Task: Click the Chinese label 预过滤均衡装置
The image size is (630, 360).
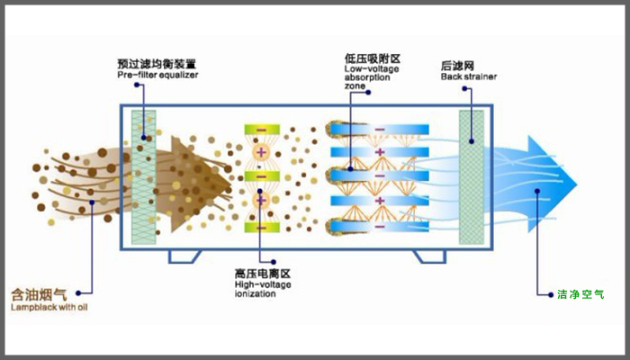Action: (x=157, y=64)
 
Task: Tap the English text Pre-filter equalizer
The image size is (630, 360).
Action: (x=157, y=76)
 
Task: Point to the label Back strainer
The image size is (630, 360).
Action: (x=468, y=76)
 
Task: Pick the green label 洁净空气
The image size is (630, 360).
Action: (x=581, y=293)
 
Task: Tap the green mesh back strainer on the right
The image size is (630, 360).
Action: (x=472, y=176)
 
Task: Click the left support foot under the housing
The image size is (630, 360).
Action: (x=184, y=256)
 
